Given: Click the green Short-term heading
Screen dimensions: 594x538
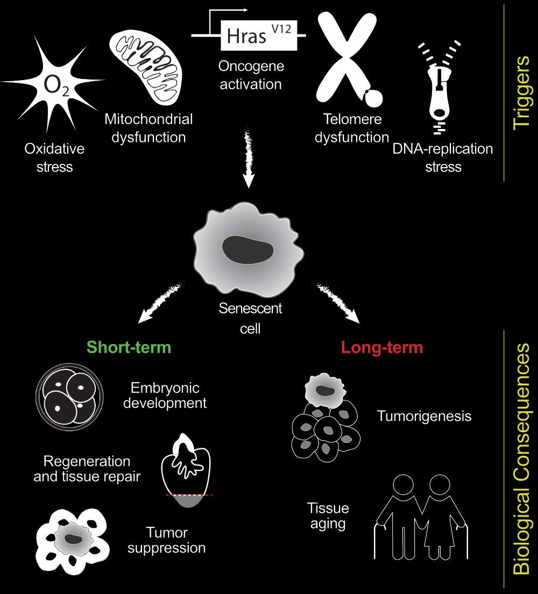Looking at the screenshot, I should point(129,347).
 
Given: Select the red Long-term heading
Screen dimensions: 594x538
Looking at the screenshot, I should point(382,347).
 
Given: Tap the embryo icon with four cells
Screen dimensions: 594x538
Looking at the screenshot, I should point(68,397).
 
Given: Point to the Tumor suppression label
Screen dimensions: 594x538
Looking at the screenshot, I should point(167,541).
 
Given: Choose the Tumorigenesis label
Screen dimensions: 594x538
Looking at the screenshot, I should point(424,416).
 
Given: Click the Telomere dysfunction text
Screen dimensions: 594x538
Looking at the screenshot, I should point(352,128).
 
